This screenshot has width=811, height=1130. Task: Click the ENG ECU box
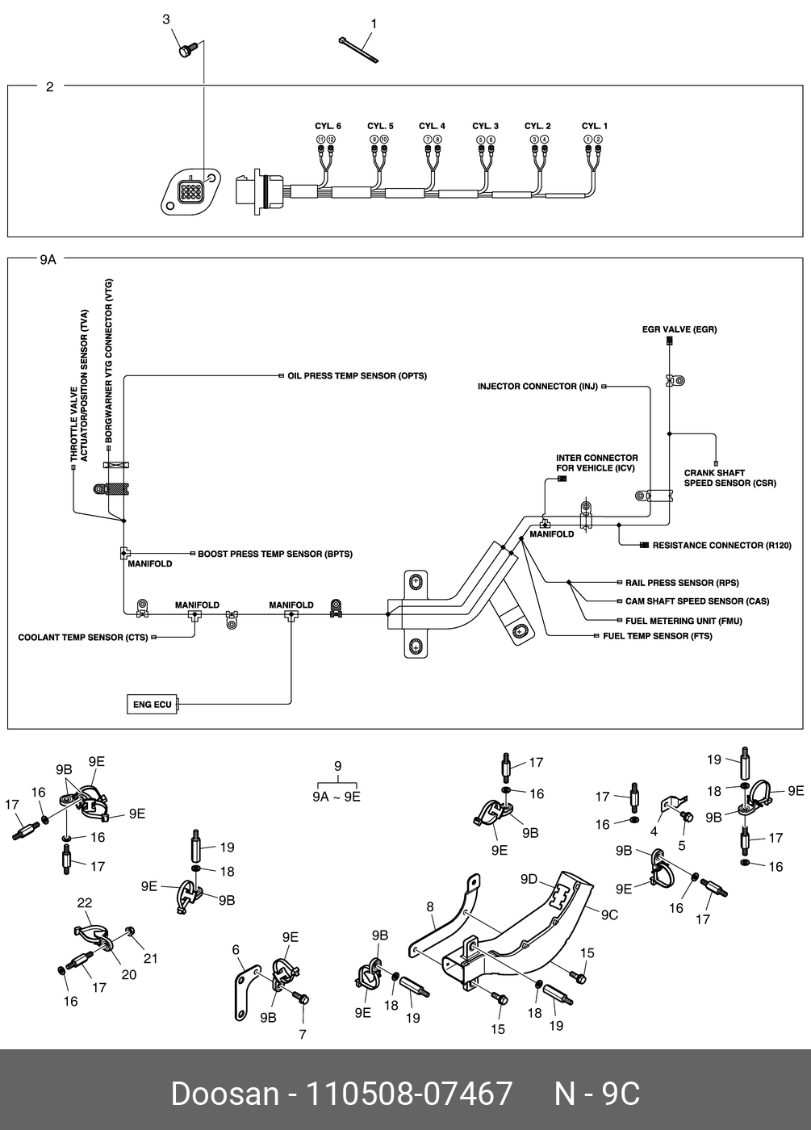[153, 705]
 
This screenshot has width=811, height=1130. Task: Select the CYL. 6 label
[328, 127]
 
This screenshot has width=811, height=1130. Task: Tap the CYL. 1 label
[595, 127]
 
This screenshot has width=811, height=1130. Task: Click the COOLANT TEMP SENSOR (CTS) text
[83, 638]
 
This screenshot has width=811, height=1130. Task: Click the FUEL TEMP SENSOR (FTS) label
[658, 637]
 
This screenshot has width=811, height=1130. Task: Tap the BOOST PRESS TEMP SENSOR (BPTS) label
[275, 555]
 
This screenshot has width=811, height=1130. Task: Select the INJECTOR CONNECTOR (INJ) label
[537, 387]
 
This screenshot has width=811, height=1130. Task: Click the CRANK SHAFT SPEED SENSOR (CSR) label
[729, 479]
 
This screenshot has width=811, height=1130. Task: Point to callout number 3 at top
[166, 19]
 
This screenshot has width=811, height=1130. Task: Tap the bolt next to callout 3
[185, 51]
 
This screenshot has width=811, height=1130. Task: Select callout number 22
[85, 902]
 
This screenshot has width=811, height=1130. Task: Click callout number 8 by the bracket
[431, 907]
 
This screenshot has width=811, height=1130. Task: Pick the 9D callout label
[529, 879]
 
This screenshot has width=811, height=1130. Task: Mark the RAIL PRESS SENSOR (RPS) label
[682, 583]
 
